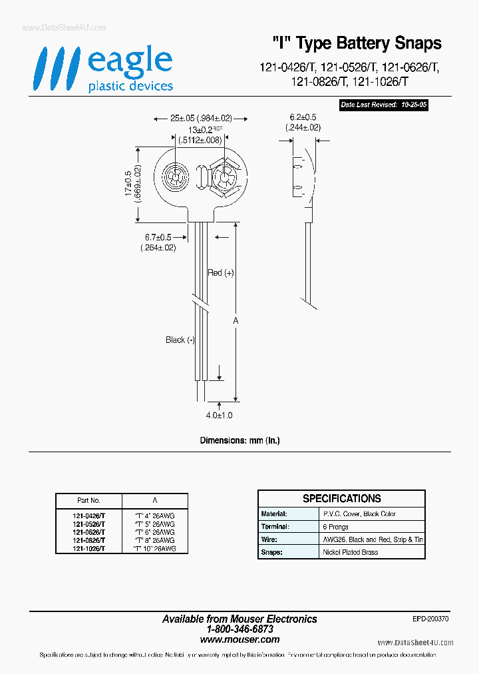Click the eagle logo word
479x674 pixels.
pos(130,62)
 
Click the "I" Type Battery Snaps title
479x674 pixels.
pos(357,44)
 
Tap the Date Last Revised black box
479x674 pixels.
pos(383,105)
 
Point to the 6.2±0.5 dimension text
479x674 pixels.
pos(305,118)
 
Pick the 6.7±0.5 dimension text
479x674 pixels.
pos(158,238)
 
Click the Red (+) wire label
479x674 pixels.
pos(221,273)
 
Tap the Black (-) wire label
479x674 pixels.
pos(180,340)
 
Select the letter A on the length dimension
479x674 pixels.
pos(236,321)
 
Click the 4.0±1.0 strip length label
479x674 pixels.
pos(219,415)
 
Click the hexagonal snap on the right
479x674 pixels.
pos(223,178)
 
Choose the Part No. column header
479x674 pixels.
pos(88,500)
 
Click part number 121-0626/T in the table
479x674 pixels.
pos(88,532)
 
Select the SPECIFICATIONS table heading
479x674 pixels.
pos(341,498)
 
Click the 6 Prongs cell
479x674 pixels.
pos(335,527)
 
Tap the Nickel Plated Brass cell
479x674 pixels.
pos(350,553)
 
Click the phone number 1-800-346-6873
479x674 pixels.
pos(239,629)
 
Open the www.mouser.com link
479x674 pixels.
pos(239,639)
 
